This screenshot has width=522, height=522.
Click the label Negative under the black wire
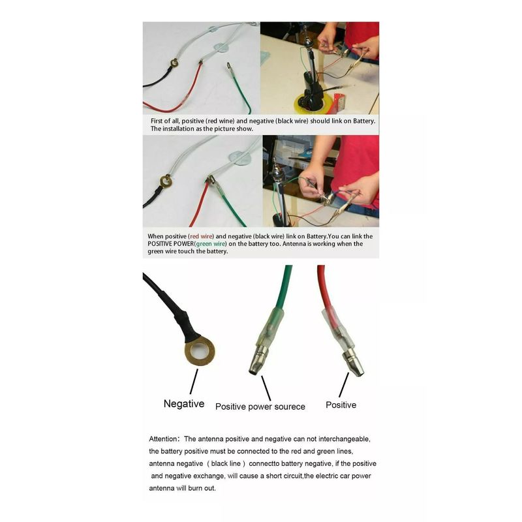[184, 403]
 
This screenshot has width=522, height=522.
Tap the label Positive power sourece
[260, 407]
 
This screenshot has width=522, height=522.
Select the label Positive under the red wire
[341, 405]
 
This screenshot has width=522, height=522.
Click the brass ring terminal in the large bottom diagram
[200, 351]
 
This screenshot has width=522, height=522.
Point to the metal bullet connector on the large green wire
[258, 360]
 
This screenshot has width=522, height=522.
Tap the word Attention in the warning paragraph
[162, 438]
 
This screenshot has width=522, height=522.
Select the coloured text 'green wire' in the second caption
[211, 243]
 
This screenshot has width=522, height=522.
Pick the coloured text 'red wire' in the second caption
[201, 236]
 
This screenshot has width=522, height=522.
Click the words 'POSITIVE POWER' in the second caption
[171, 243]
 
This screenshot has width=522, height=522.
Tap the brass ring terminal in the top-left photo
[174, 62]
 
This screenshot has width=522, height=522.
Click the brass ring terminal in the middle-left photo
[166, 181]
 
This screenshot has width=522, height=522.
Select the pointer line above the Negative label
[194, 382]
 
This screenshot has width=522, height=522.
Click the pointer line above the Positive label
[344, 385]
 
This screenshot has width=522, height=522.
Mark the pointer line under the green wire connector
[266, 388]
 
